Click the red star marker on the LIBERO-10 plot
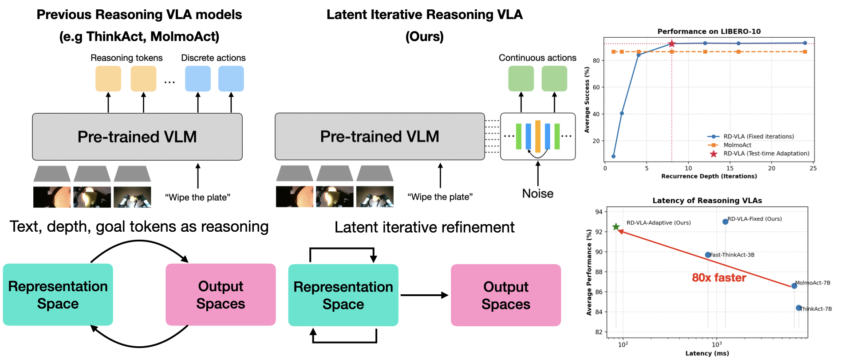coord(671,44)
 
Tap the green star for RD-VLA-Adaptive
coord(616,227)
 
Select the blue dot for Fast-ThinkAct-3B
coord(708,255)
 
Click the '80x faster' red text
coord(719,278)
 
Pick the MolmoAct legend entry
coord(737,145)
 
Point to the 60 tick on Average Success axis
coord(596,87)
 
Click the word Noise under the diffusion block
coord(537,194)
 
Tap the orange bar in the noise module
coord(537,136)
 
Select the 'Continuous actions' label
coord(537,58)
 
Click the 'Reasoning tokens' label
coord(126,58)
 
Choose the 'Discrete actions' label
coord(213,58)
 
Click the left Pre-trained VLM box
coord(137,137)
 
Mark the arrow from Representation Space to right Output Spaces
coord(424,295)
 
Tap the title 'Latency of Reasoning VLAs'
coord(707,201)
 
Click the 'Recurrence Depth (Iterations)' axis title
coord(709,176)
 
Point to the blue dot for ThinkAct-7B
coord(798,308)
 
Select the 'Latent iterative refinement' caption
coord(424,227)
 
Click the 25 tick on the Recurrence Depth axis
coord(812,168)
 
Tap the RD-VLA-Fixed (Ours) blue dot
coord(725,222)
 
